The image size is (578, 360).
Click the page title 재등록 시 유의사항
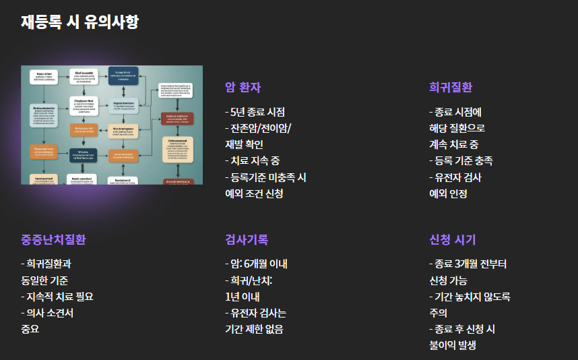pyautogui.click(x=79, y=22)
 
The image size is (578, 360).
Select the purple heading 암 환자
pyautogui.click(x=243, y=88)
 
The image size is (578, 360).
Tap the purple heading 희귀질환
pyautogui.click(x=451, y=88)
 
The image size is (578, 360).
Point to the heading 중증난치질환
pyautogui.click(x=53, y=240)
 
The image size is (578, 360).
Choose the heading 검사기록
pyautogui.click(x=247, y=240)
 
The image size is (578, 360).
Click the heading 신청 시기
pyautogui.click(x=452, y=240)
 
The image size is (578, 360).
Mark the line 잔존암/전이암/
pyautogui.click(x=258, y=128)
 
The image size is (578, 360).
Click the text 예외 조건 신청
pyautogui.click(x=254, y=193)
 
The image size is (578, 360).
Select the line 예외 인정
pyautogui.click(x=448, y=193)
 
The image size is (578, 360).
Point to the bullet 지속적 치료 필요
pyautogui.click(x=57, y=297)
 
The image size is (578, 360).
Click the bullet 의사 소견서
pyautogui.click(x=48, y=313)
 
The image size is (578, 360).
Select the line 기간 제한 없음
pyautogui.click(x=254, y=329)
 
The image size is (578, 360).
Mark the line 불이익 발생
pyautogui.click(x=452, y=345)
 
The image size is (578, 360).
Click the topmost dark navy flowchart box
pyautogui.click(x=123, y=76)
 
